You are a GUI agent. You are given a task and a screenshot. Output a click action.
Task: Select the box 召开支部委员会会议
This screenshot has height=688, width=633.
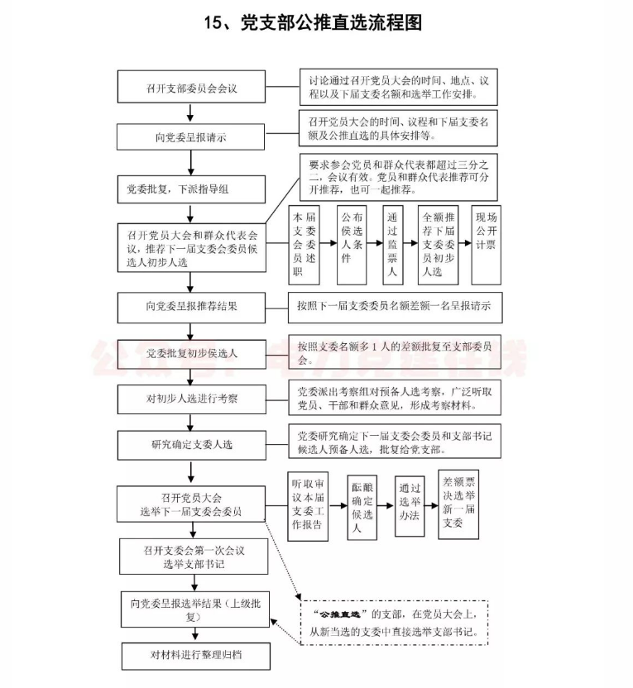point(192,87)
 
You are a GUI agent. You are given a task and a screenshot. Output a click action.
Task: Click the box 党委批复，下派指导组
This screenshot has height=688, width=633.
point(192,189)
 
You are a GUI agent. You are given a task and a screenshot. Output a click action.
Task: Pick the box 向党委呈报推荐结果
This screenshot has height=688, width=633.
point(192,306)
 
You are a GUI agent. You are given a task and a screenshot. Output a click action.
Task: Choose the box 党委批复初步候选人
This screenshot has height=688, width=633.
point(192,353)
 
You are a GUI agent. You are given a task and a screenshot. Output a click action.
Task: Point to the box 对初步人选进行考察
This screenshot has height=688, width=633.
point(192,399)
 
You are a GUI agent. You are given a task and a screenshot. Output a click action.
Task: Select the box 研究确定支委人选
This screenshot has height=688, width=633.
point(192,445)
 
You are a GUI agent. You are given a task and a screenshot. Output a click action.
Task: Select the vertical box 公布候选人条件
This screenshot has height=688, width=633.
point(351,244)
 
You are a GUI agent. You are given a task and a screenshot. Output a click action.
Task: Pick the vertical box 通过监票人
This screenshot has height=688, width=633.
point(393,244)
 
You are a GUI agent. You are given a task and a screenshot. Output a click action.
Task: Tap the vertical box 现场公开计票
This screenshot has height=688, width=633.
point(486,244)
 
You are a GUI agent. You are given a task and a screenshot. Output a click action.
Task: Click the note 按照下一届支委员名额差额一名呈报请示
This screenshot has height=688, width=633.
point(393,306)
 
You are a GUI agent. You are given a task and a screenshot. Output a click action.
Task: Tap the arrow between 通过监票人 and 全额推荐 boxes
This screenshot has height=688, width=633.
point(411,244)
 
